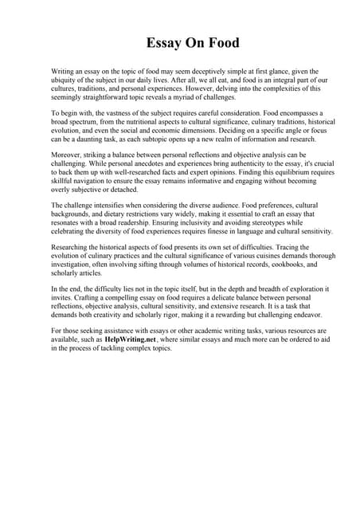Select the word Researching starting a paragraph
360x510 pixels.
(x=72, y=248)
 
